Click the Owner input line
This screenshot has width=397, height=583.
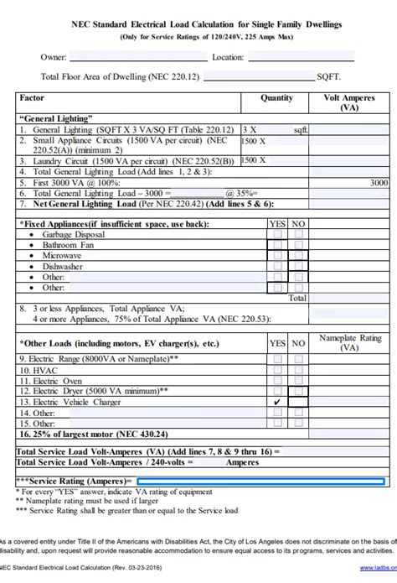138,59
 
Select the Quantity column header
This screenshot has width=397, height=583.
276,98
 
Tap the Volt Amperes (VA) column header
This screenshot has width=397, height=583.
353,102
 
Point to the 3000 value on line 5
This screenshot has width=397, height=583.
379,182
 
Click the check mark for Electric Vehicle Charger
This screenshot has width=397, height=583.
277,402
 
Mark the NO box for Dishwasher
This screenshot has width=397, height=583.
297,266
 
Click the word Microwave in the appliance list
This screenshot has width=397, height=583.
62,255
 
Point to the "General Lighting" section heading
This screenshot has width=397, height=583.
55,119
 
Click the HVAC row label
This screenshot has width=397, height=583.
39,369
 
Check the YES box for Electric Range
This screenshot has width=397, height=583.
277,357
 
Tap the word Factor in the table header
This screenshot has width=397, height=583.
32,98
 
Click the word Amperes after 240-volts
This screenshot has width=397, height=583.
244,461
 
